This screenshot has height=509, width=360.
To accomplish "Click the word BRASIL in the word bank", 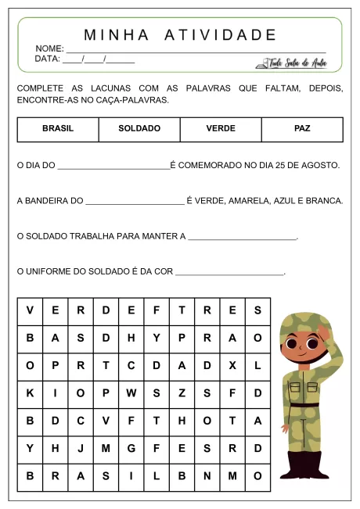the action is point(58,129).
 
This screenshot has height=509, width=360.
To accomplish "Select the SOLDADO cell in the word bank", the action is point(139,129).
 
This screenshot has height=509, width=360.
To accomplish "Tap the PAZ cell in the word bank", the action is point(302,129).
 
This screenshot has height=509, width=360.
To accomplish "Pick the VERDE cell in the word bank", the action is point(221,129).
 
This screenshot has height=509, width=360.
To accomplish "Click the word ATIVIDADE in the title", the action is point(221,35).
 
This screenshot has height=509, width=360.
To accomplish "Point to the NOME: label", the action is point(49,48).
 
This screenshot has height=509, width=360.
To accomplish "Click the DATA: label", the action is point(48,59).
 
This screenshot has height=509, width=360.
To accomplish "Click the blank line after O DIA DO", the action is point(113,167).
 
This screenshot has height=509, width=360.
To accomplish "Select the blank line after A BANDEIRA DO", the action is point(135,202).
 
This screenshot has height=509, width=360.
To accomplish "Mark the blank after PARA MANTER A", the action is point(243,237).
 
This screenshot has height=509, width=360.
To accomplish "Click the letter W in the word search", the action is point(131,393).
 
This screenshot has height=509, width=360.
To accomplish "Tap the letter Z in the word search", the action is point(182,393).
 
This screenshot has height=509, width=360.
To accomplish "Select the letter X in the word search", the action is point(232,365).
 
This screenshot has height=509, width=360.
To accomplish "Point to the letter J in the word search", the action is point(81,449).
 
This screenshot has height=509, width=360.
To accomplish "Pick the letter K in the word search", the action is point(30,393).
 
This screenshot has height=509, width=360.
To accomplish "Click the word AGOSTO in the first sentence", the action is point(322,166).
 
